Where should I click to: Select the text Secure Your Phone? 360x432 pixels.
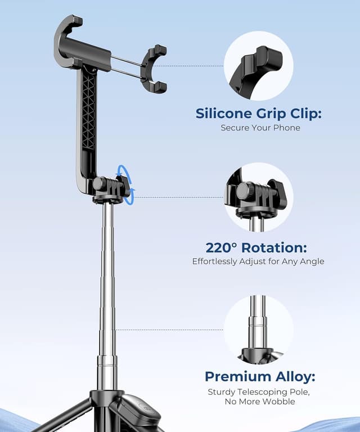click(x=260, y=128)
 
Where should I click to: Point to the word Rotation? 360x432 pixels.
click(x=280, y=247)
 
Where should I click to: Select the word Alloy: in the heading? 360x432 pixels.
click(x=293, y=376)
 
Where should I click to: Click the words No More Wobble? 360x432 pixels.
click(x=259, y=401)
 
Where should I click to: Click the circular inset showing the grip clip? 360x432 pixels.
click(x=258, y=66)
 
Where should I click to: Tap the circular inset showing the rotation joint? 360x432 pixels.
click(x=258, y=197)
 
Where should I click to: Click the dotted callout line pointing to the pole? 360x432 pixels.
click(x=169, y=330)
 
